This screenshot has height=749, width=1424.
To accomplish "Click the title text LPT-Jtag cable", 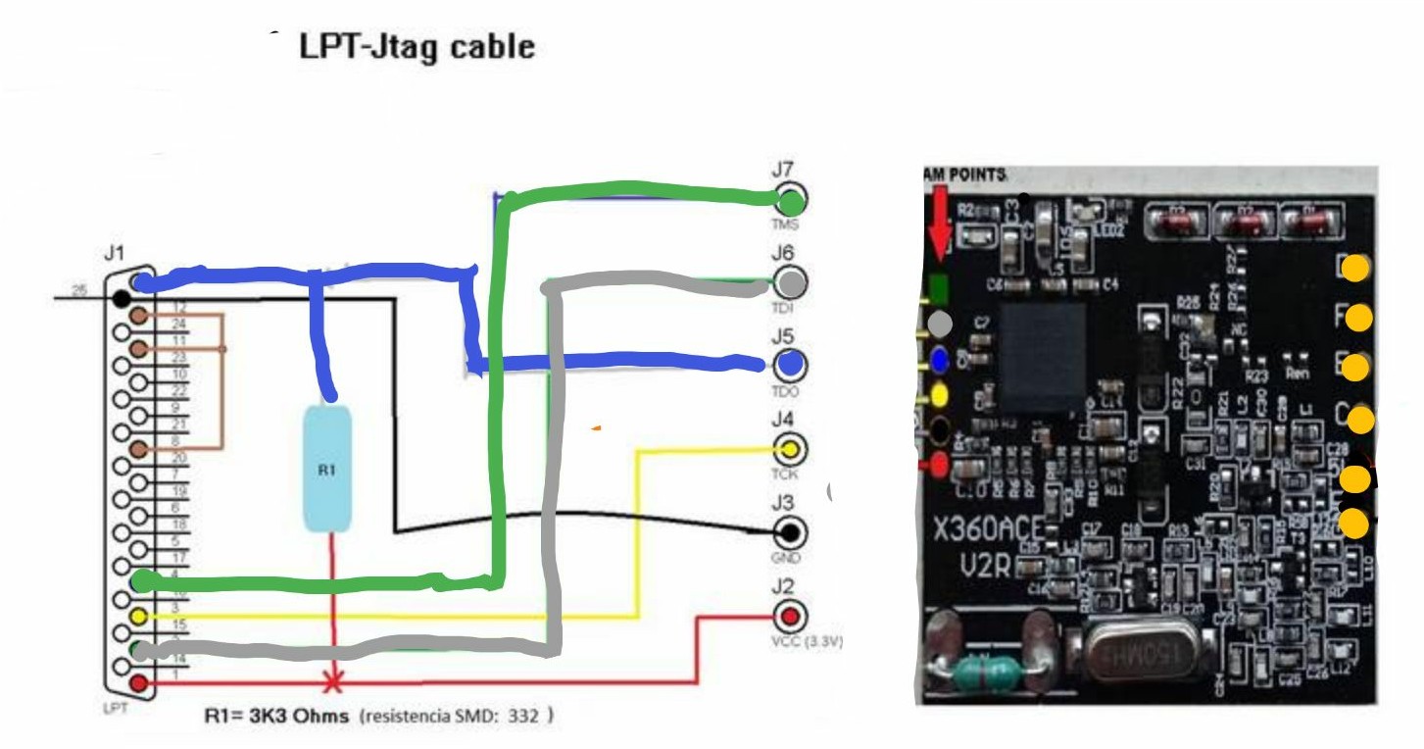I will click(x=417, y=47).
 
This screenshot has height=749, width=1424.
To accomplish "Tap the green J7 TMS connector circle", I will click(x=791, y=201).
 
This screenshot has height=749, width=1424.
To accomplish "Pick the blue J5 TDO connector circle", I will click(x=791, y=365).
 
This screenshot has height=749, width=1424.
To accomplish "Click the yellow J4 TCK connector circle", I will click(x=790, y=450).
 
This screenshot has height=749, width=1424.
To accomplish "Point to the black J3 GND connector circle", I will click(x=790, y=533).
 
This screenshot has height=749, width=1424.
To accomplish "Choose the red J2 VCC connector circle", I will click(x=790, y=618).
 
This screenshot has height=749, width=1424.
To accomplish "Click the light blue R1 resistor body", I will click(x=327, y=470).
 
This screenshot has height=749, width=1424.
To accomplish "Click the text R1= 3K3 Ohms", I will click(x=276, y=717).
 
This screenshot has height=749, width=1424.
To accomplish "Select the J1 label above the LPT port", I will click(x=115, y=254).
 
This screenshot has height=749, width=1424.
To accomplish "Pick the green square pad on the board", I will click(x=937, y=287).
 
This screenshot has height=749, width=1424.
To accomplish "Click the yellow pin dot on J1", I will click(x=140, y=617).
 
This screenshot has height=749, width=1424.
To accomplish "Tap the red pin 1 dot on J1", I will click(x=140, y=682).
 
